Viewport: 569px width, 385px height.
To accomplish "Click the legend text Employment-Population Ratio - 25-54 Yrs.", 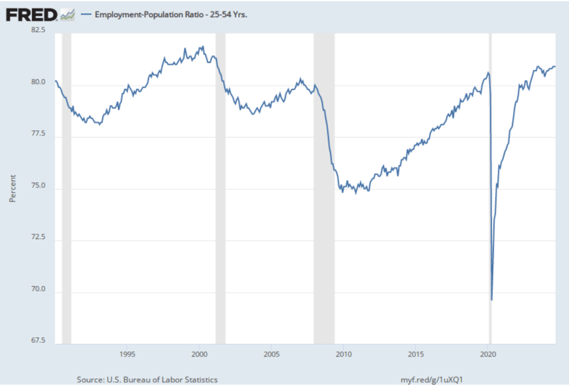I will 171,15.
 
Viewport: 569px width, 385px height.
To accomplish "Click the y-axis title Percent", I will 12,188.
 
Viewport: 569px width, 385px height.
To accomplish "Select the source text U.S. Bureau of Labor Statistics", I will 147,379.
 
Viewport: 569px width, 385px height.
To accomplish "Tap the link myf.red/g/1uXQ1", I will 432,379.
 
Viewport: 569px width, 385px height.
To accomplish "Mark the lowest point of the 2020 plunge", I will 492,300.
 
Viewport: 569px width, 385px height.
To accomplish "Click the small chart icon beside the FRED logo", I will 67,14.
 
